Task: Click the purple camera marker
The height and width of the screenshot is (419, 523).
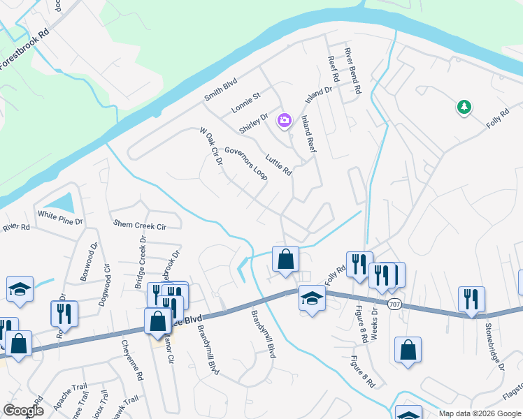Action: coord(284,121)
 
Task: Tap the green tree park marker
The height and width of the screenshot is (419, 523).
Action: coord(463,107)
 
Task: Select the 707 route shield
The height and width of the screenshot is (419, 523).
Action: coord(395,304)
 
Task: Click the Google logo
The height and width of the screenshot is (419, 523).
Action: coord(23,411)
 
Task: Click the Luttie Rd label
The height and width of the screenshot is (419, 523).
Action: coord(278,162)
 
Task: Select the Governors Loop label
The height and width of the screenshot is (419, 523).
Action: coord(246,163)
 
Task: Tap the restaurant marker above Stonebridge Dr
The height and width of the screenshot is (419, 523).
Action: coord(471,298)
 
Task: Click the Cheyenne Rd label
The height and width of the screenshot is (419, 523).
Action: coord(131,360)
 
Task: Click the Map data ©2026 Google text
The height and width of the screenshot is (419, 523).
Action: coord(479,413)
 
